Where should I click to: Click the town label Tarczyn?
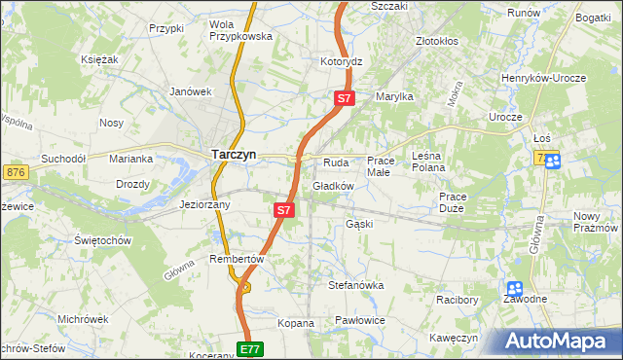point(235,153)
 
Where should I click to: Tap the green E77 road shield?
point(250,348)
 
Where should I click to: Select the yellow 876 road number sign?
point(15,171)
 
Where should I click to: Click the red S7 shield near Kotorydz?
point(345,98)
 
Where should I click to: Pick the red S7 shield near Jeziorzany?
point(283,209)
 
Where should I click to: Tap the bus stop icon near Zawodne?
point(514,289)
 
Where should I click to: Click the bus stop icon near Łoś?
point(552,162)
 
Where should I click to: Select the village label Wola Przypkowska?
point(240,30)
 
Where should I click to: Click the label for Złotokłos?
point(437,42)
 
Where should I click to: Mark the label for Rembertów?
point(238,259)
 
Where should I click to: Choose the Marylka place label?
point(395,96)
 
